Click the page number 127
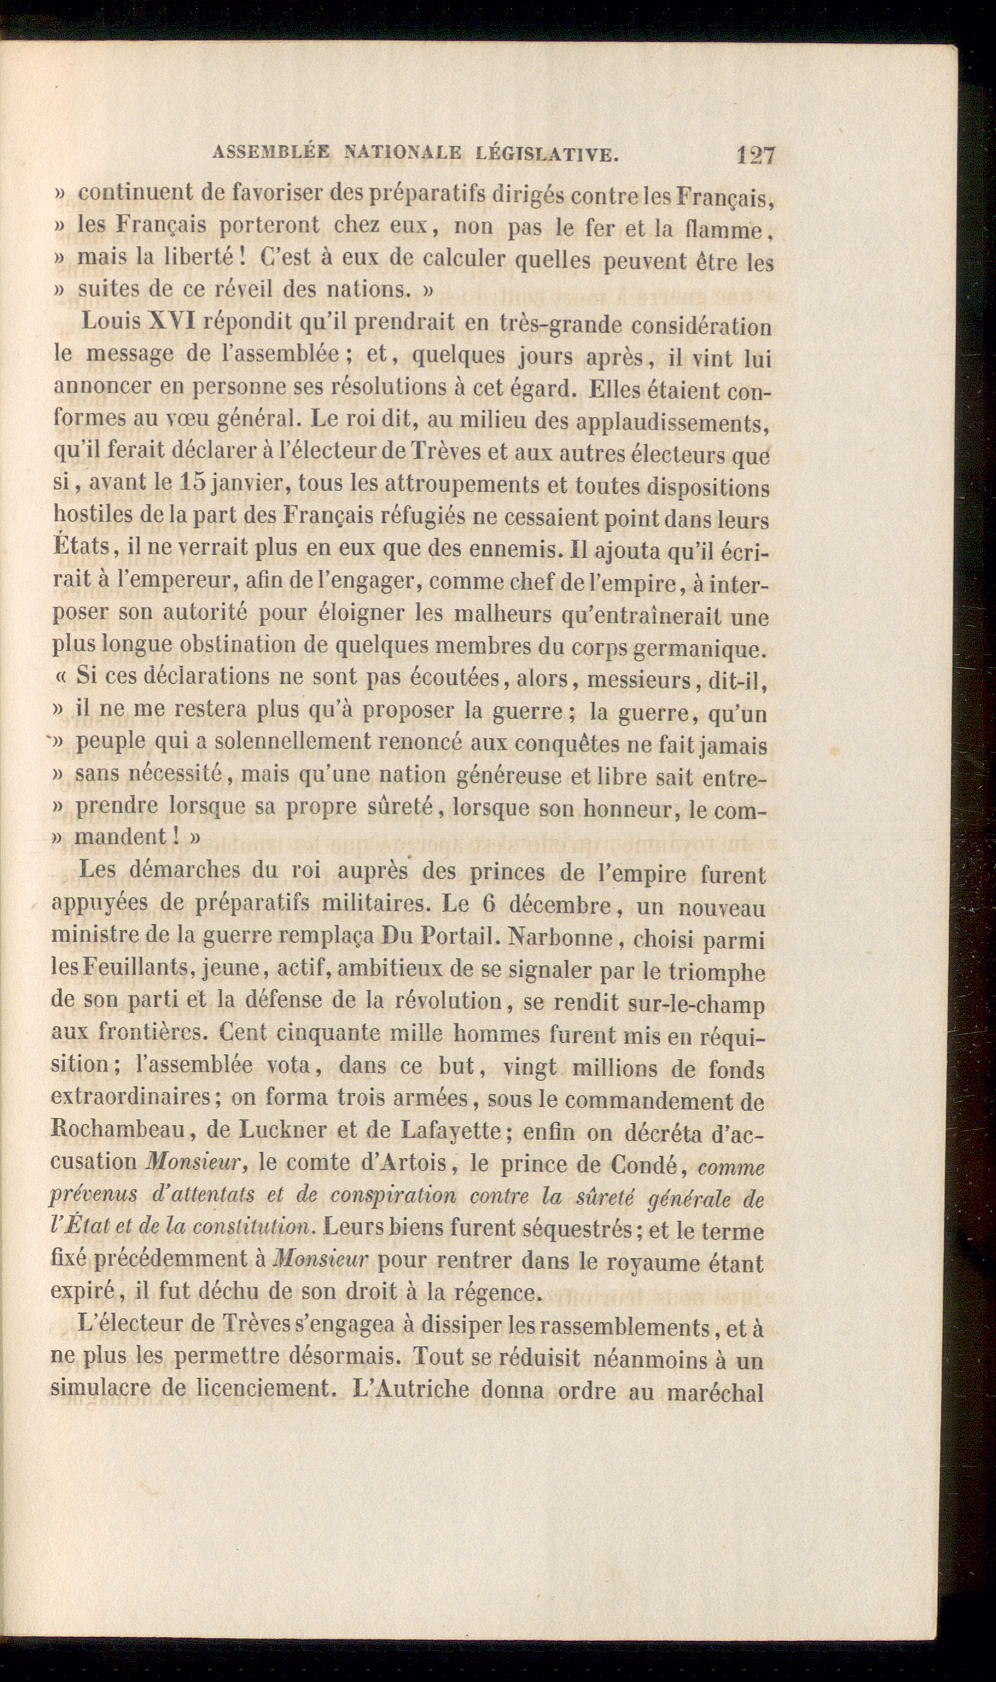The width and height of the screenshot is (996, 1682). (756, 156)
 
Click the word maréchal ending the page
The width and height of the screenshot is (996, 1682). (714, 1392)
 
